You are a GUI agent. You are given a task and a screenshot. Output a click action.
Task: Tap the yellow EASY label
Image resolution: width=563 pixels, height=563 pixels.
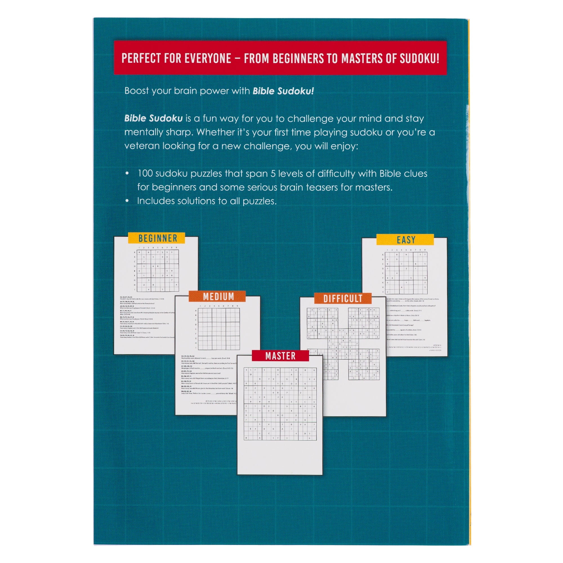coord(405,240)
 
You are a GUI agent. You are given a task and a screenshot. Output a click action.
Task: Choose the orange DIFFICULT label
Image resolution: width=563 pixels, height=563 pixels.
coord(342,299)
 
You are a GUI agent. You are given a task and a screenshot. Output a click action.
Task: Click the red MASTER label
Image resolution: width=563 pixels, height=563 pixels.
coord(280,356)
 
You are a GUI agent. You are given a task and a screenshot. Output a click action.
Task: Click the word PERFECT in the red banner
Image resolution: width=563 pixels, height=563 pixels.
coord(141,58)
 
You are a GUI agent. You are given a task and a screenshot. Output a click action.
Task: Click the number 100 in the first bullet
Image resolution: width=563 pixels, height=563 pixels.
coord(145,174)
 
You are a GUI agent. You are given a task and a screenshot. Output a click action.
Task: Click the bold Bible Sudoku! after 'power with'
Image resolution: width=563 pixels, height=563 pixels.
coord(283,91)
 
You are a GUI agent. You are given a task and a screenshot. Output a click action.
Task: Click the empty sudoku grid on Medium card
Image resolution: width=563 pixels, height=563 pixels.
coord(218,329)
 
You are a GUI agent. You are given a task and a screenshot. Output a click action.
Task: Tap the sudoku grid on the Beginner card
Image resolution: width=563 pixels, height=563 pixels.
coord(158,271)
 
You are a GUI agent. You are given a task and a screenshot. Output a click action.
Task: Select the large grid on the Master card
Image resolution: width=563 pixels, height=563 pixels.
coord(280,404)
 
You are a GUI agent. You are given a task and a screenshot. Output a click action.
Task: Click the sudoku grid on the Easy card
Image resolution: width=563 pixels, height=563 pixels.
coord(406,273)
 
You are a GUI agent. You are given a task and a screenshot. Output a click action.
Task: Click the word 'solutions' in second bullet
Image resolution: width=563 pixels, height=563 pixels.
coord(196,201)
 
